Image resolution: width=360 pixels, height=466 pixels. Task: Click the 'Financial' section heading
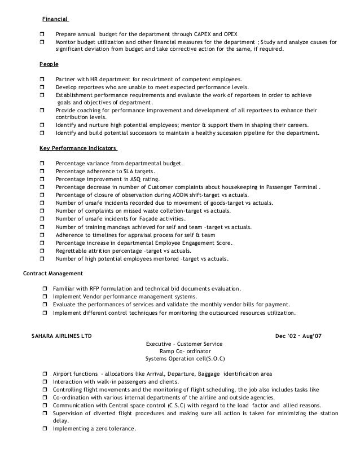click(55, 19)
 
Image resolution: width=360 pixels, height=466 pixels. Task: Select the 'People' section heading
click(49, 65)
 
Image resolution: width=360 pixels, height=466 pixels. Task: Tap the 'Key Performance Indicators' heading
click(78, 149)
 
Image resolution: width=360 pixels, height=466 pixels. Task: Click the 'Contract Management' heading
click(52, 274)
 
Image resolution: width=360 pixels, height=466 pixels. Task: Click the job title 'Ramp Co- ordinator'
click(184, 351)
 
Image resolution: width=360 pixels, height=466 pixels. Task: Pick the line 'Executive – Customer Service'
click(184, 344)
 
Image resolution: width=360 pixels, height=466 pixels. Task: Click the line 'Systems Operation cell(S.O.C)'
click(184, 358)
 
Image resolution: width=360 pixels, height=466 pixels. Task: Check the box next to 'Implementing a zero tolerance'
click(45, 429)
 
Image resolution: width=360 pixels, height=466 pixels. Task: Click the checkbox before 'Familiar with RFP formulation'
click(45, 289)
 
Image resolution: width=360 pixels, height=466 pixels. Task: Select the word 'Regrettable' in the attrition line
click(71, 250)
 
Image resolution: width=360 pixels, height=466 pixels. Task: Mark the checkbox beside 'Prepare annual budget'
click(43, 34)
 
